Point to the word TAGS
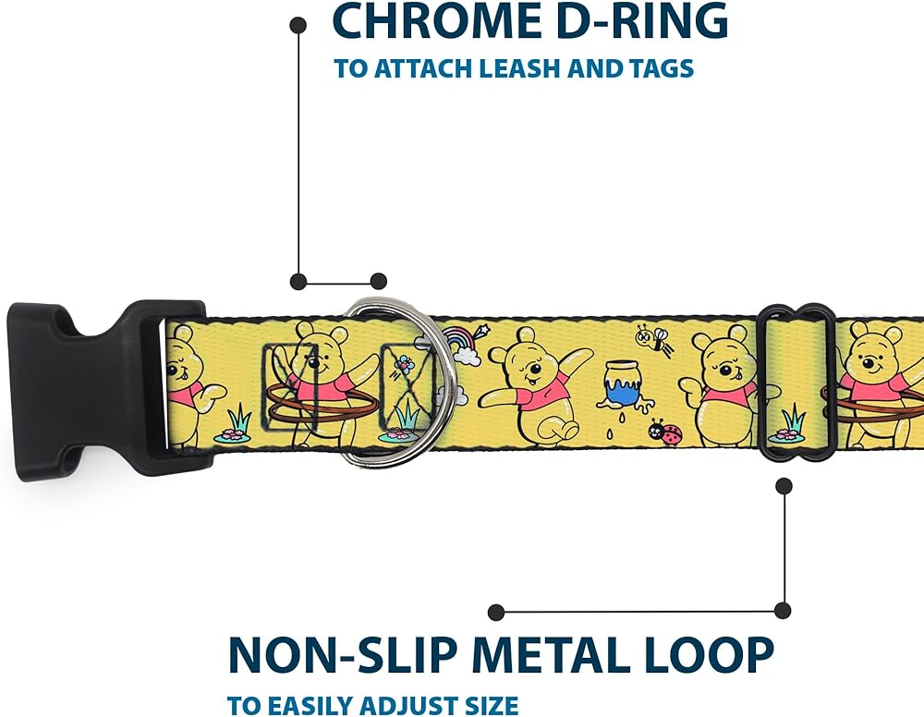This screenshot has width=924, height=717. coord(658,68)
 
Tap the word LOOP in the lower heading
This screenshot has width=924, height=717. coord(719,654)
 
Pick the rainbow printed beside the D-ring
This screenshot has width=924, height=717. coord(459,342)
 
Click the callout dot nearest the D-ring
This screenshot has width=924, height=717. coord(377,281)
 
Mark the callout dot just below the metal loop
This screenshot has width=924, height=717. coord(784,483)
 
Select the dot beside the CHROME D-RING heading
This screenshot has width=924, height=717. coord(298,25)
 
